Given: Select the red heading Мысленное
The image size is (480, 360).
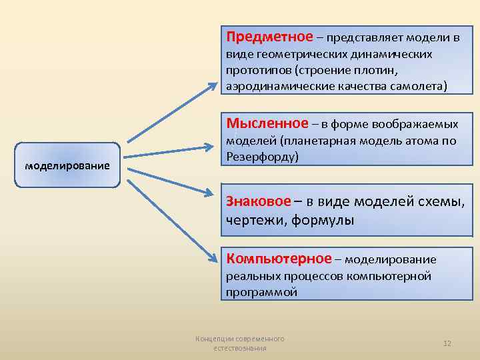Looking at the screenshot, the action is point(267,123).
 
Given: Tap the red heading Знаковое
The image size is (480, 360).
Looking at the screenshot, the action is point(258,201).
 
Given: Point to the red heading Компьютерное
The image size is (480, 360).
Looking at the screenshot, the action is point(279,258).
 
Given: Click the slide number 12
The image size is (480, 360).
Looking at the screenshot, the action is point(447,343).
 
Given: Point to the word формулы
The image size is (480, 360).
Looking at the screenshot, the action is point(323,220).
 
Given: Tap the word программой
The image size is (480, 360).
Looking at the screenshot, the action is point(261,292).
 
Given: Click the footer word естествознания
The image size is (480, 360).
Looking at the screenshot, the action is point(240,348).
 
